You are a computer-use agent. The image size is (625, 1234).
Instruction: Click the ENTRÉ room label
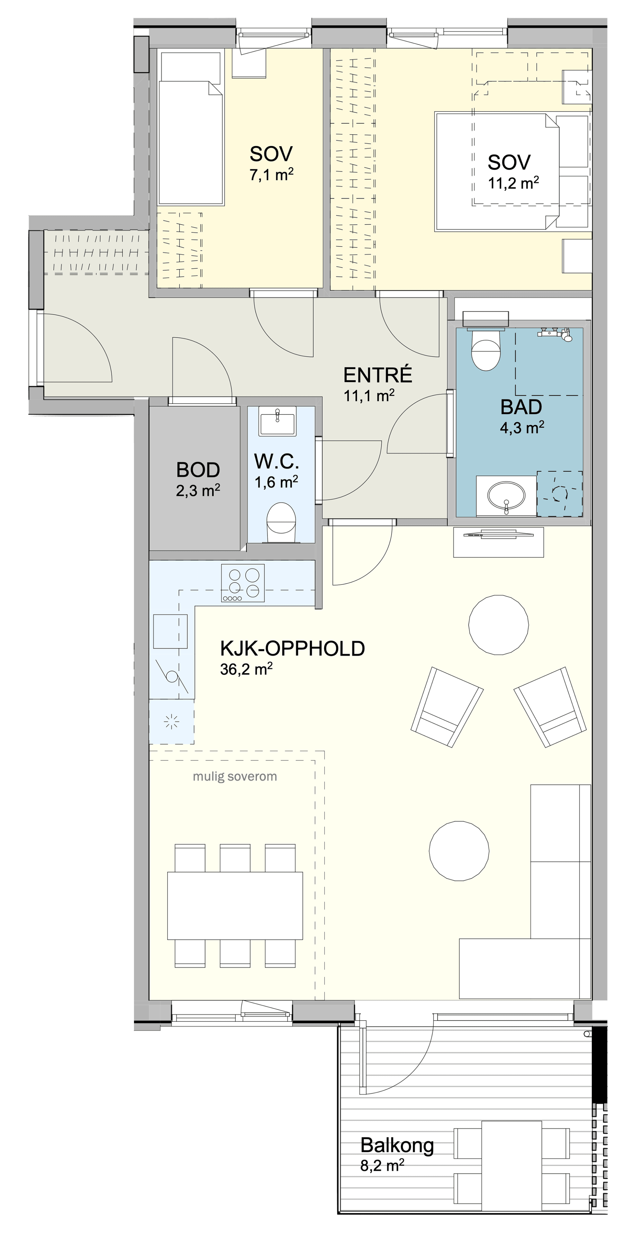point(378,375)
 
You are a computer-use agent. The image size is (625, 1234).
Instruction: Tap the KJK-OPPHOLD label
point(292,648)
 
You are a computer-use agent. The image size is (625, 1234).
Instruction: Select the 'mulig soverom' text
point(235,776)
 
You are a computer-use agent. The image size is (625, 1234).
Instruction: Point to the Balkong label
point(397,1145)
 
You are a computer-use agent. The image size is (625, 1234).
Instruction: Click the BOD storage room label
point(198,470)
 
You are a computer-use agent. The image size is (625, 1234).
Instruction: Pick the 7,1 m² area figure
point(271,175)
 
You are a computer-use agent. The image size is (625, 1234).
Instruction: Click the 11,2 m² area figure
point(513,183)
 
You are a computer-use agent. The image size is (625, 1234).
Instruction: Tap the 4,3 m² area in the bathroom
point(522,427)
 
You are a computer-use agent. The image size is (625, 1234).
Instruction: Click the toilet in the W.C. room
point(281,523)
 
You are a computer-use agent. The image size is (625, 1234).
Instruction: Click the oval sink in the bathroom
point(506,496)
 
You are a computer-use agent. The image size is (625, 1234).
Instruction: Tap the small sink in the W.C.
point(277,421)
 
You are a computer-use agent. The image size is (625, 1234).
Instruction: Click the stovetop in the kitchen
point(242,583)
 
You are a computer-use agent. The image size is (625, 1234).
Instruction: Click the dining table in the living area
point(235,906)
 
